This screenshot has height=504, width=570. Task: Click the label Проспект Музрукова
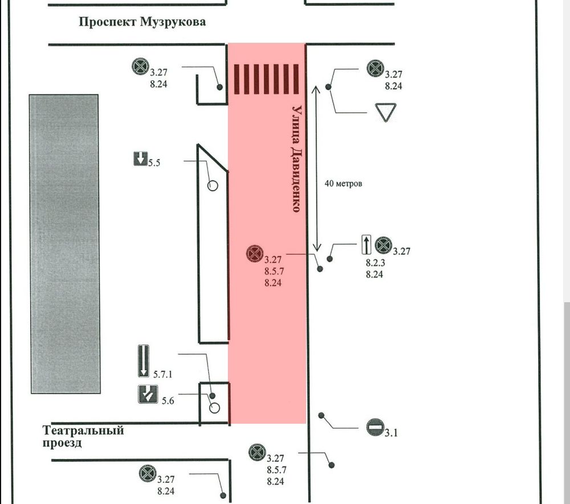[142, 23]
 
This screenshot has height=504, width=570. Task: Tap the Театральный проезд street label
[83, 436]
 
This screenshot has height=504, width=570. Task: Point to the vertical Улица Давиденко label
[295, 158]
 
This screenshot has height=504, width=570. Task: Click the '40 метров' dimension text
[343, 184]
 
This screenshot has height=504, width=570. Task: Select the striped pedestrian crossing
[267, 79]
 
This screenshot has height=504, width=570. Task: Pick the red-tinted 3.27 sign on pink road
[254, 254]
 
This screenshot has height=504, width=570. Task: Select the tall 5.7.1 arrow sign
[143, 360]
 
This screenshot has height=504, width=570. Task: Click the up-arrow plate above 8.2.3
[366, 245]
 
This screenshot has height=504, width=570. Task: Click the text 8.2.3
[375, 264]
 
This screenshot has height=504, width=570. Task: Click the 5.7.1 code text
[163, 374]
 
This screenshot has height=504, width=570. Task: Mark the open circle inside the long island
[212, 186]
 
